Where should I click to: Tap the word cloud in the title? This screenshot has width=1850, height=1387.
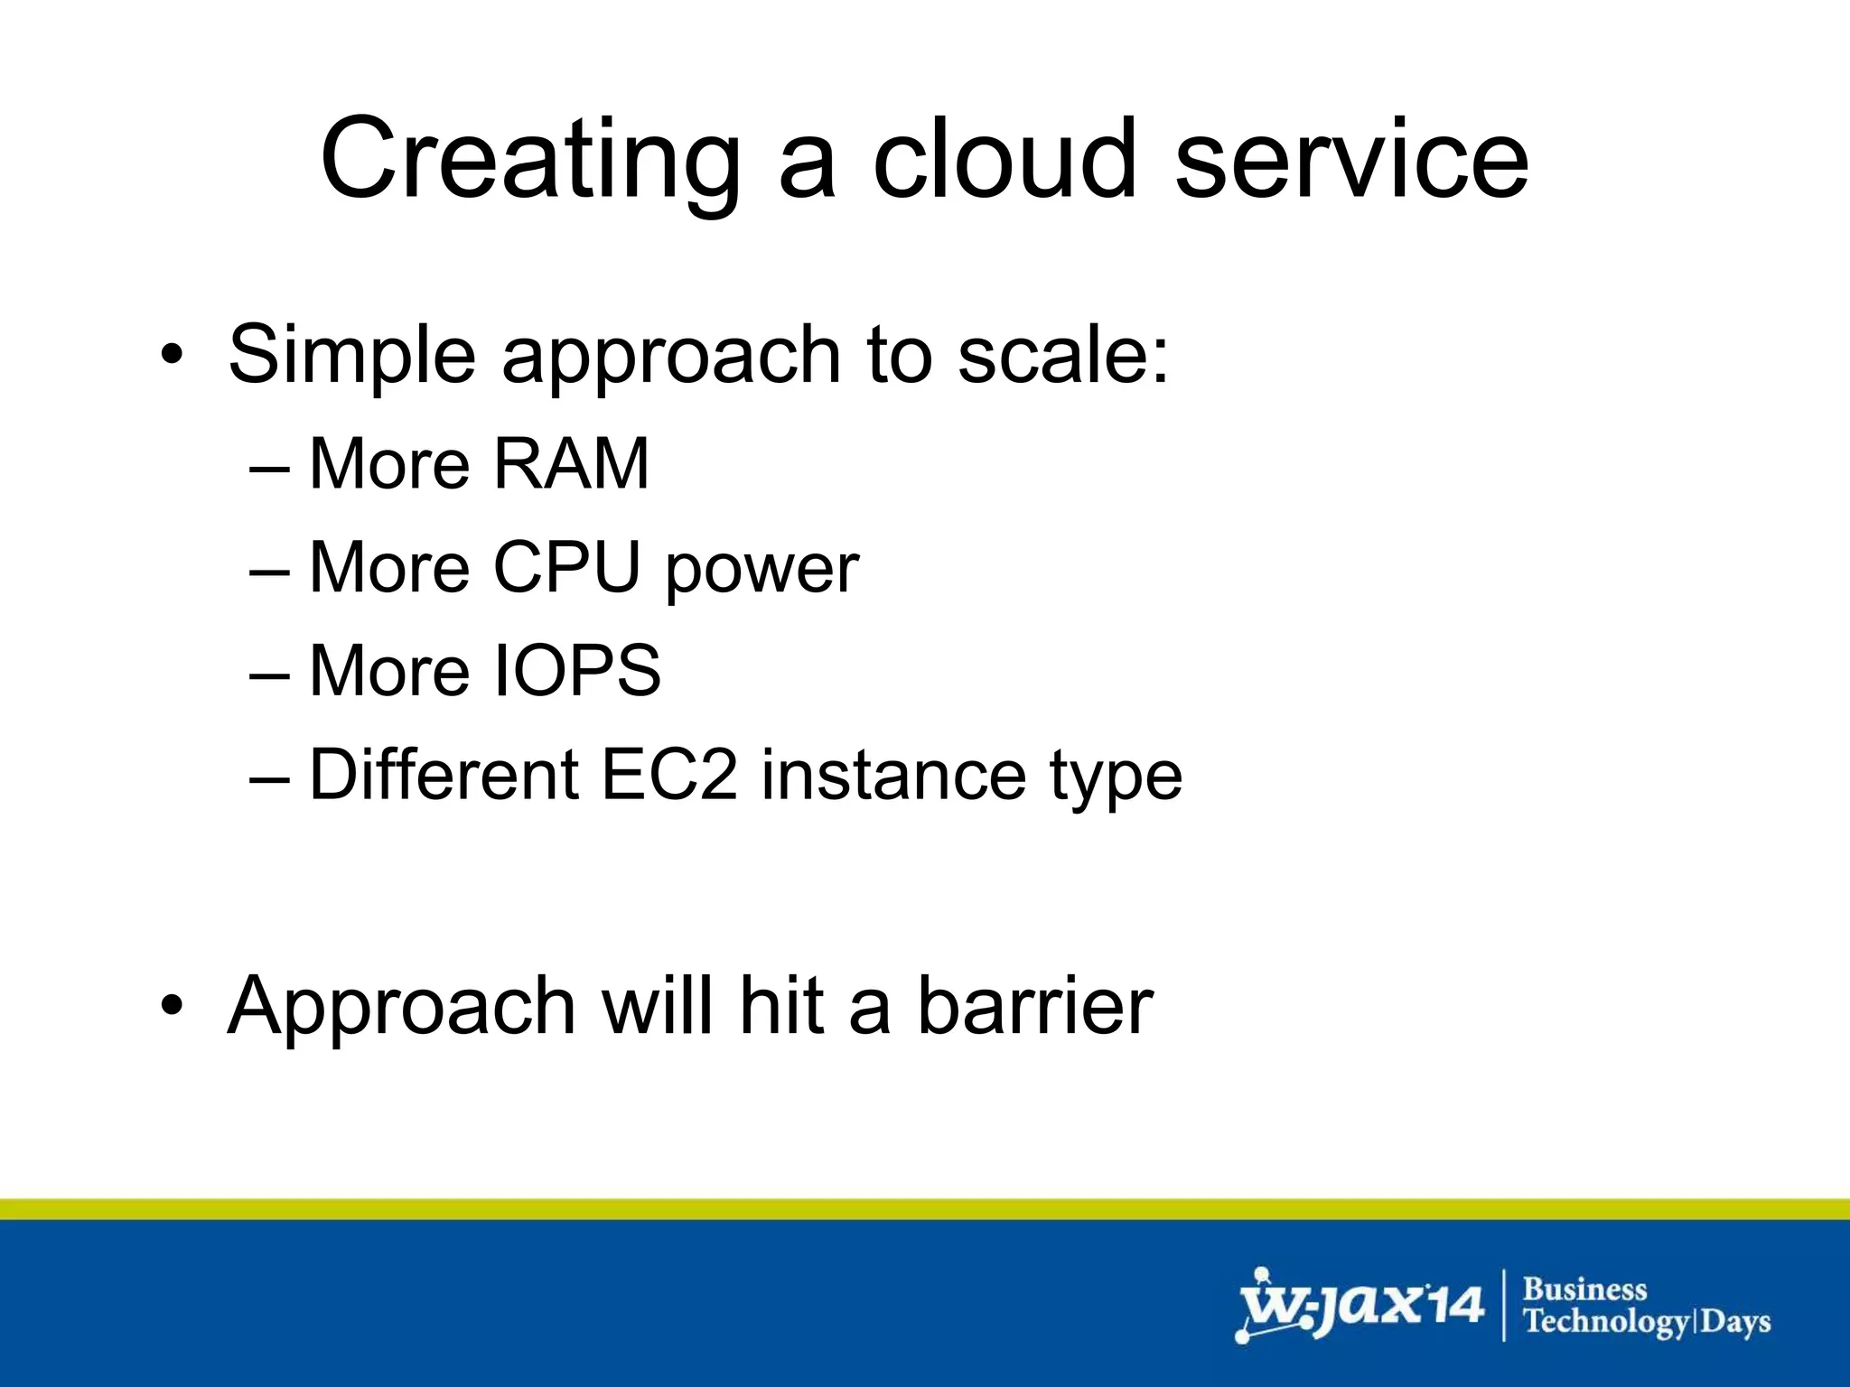click(x=1003, y=160)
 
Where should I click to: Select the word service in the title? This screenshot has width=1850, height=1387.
click(x=1351, y=160)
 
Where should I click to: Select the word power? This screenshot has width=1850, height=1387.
click(x=761, y=571)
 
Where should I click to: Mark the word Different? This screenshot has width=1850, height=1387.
click(x=444, y=775)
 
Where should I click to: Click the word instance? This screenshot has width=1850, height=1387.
click(x=892, y=775)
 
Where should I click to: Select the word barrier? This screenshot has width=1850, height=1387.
click(x=1035, y=1006)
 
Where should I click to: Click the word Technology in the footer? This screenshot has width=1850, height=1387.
click(x=1606, y=1323)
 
